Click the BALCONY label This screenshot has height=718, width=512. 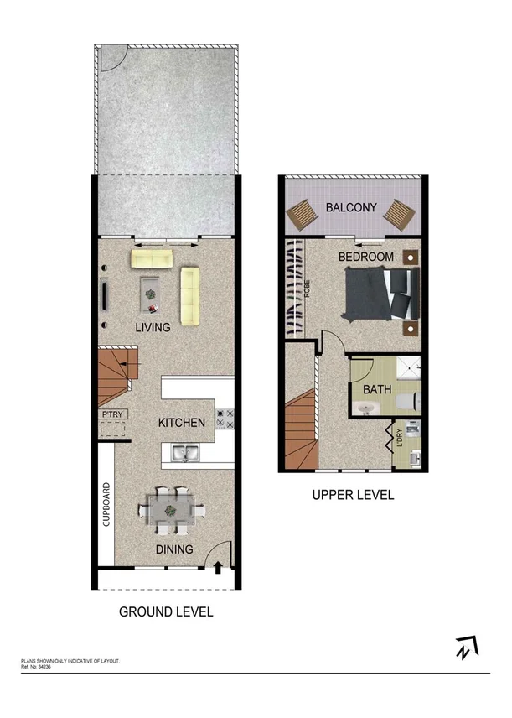(351, 207)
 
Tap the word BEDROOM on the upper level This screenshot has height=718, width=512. (365, 256)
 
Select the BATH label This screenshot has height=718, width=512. (376, 389)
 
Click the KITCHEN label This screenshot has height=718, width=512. (182, 423)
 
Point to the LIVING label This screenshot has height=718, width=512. (153, 327)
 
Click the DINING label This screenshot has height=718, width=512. (173, 549)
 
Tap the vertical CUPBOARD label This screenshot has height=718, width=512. (106, 504)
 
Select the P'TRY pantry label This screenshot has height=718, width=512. (111, 414)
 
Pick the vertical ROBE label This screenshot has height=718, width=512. (308, 289)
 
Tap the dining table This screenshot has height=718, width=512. (171, 509)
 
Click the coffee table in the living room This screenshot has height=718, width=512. (151, 293)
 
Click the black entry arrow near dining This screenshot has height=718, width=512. (218, 568)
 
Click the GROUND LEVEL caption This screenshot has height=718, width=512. (166, 611)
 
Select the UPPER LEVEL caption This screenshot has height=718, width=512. (353, 495)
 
